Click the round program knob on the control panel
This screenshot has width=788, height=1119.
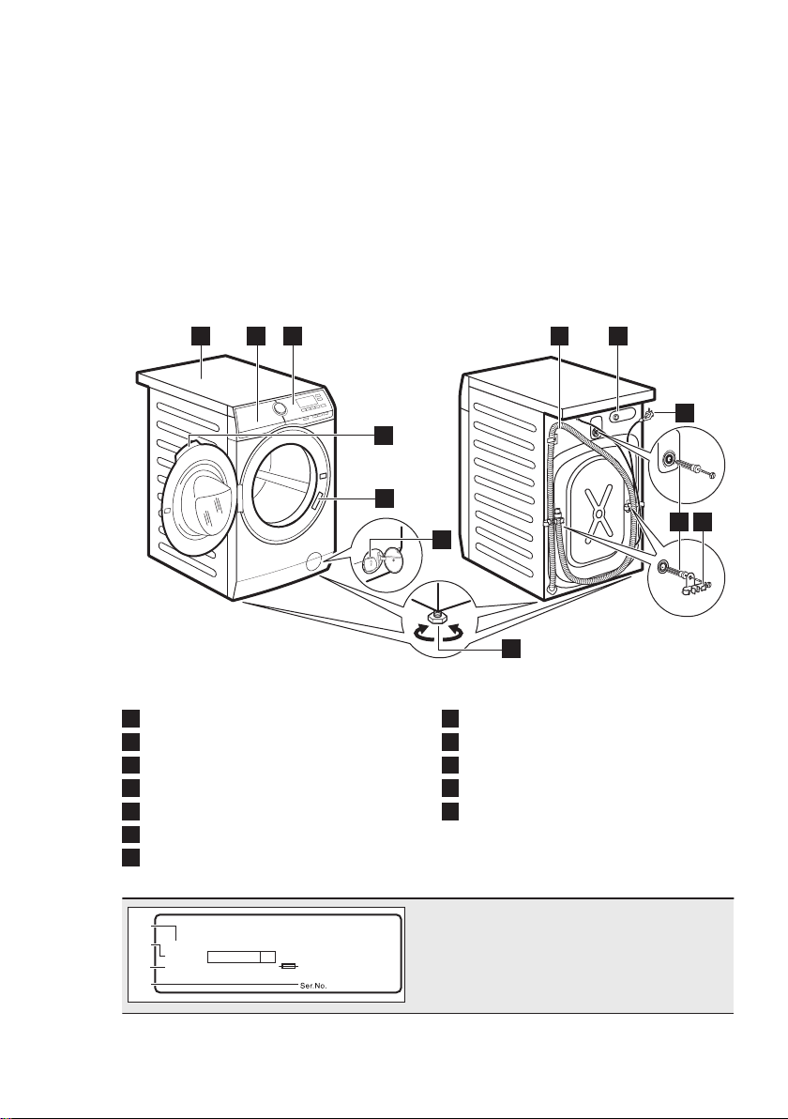coord(278,407)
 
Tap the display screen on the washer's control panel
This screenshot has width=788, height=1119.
coord(308,403)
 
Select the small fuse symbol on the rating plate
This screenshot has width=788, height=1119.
coord(287,966)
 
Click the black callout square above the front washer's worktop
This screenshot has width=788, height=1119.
coord(201,335)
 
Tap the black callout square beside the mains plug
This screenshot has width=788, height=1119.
coord(685,412)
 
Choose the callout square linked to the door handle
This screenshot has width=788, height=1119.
coord(385,498)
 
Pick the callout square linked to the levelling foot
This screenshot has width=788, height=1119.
coord(510,649)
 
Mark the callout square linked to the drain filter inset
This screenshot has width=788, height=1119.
coord(442,540)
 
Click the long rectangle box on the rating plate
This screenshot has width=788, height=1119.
coord(242,957)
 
